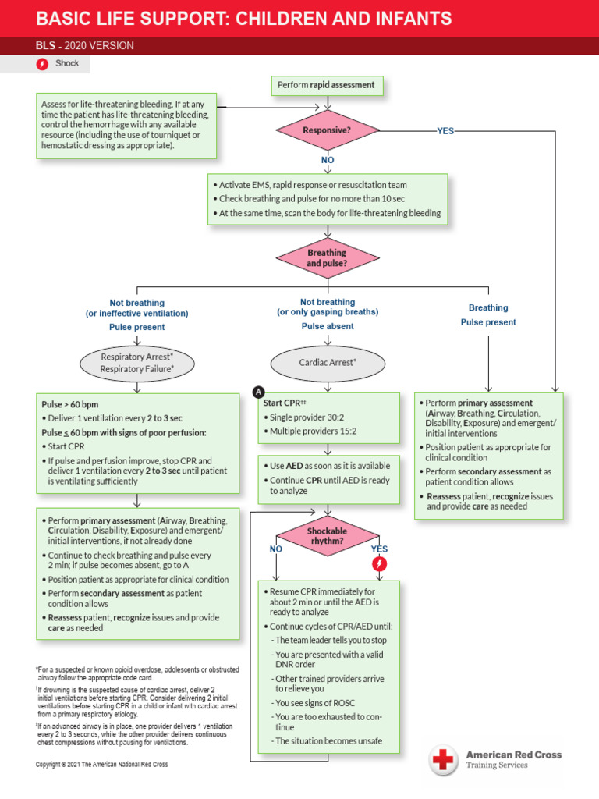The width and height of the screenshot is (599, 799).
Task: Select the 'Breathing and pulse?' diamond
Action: tap(328, 258)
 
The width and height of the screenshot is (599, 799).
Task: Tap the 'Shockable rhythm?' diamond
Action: tap(328, 535)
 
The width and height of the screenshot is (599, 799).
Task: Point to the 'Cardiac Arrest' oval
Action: tap(328, 362)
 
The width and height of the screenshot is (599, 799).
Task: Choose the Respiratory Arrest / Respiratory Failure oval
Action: tap(137, 363)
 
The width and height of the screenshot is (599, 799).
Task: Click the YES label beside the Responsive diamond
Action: tap(445, 131)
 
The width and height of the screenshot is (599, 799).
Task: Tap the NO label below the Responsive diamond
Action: tap(328, 160)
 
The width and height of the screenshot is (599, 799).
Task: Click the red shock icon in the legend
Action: tap(43, 64)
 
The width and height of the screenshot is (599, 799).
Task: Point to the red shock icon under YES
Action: tap(379, 564)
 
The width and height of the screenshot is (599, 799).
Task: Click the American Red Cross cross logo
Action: tap(444, 759)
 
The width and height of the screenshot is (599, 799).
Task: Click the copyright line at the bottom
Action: tap(101, 765)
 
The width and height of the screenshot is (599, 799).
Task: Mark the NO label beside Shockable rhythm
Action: tap(275, 549)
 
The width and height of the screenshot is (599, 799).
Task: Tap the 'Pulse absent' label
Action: tap(328, 326)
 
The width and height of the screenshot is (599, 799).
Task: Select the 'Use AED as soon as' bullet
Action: tap(328, 465)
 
